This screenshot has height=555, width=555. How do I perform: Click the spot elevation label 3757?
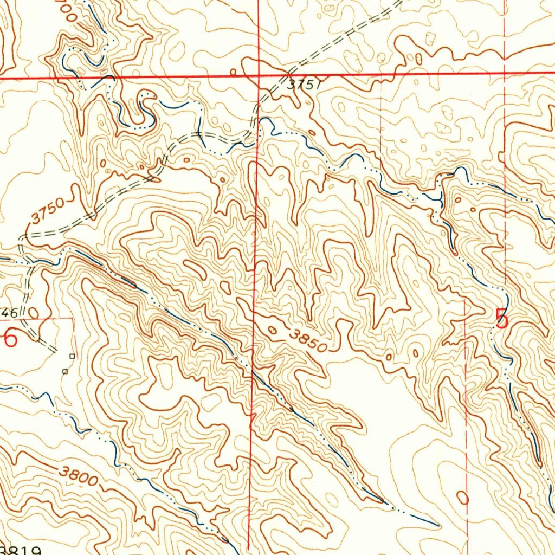305,85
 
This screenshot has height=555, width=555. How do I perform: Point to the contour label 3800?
79,476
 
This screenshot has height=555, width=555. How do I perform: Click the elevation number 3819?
22,550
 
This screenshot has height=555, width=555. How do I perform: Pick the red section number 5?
502,319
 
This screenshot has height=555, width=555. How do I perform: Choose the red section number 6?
10,340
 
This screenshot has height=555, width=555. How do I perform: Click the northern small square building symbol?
72,356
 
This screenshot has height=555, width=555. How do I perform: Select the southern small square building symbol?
64,372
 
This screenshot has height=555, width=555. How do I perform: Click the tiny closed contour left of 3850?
272,330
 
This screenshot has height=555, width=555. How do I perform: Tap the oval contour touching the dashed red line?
462,497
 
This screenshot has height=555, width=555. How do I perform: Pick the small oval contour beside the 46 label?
34,312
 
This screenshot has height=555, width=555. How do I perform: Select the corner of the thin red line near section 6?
74,319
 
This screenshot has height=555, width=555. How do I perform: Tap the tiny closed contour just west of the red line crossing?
233,72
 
